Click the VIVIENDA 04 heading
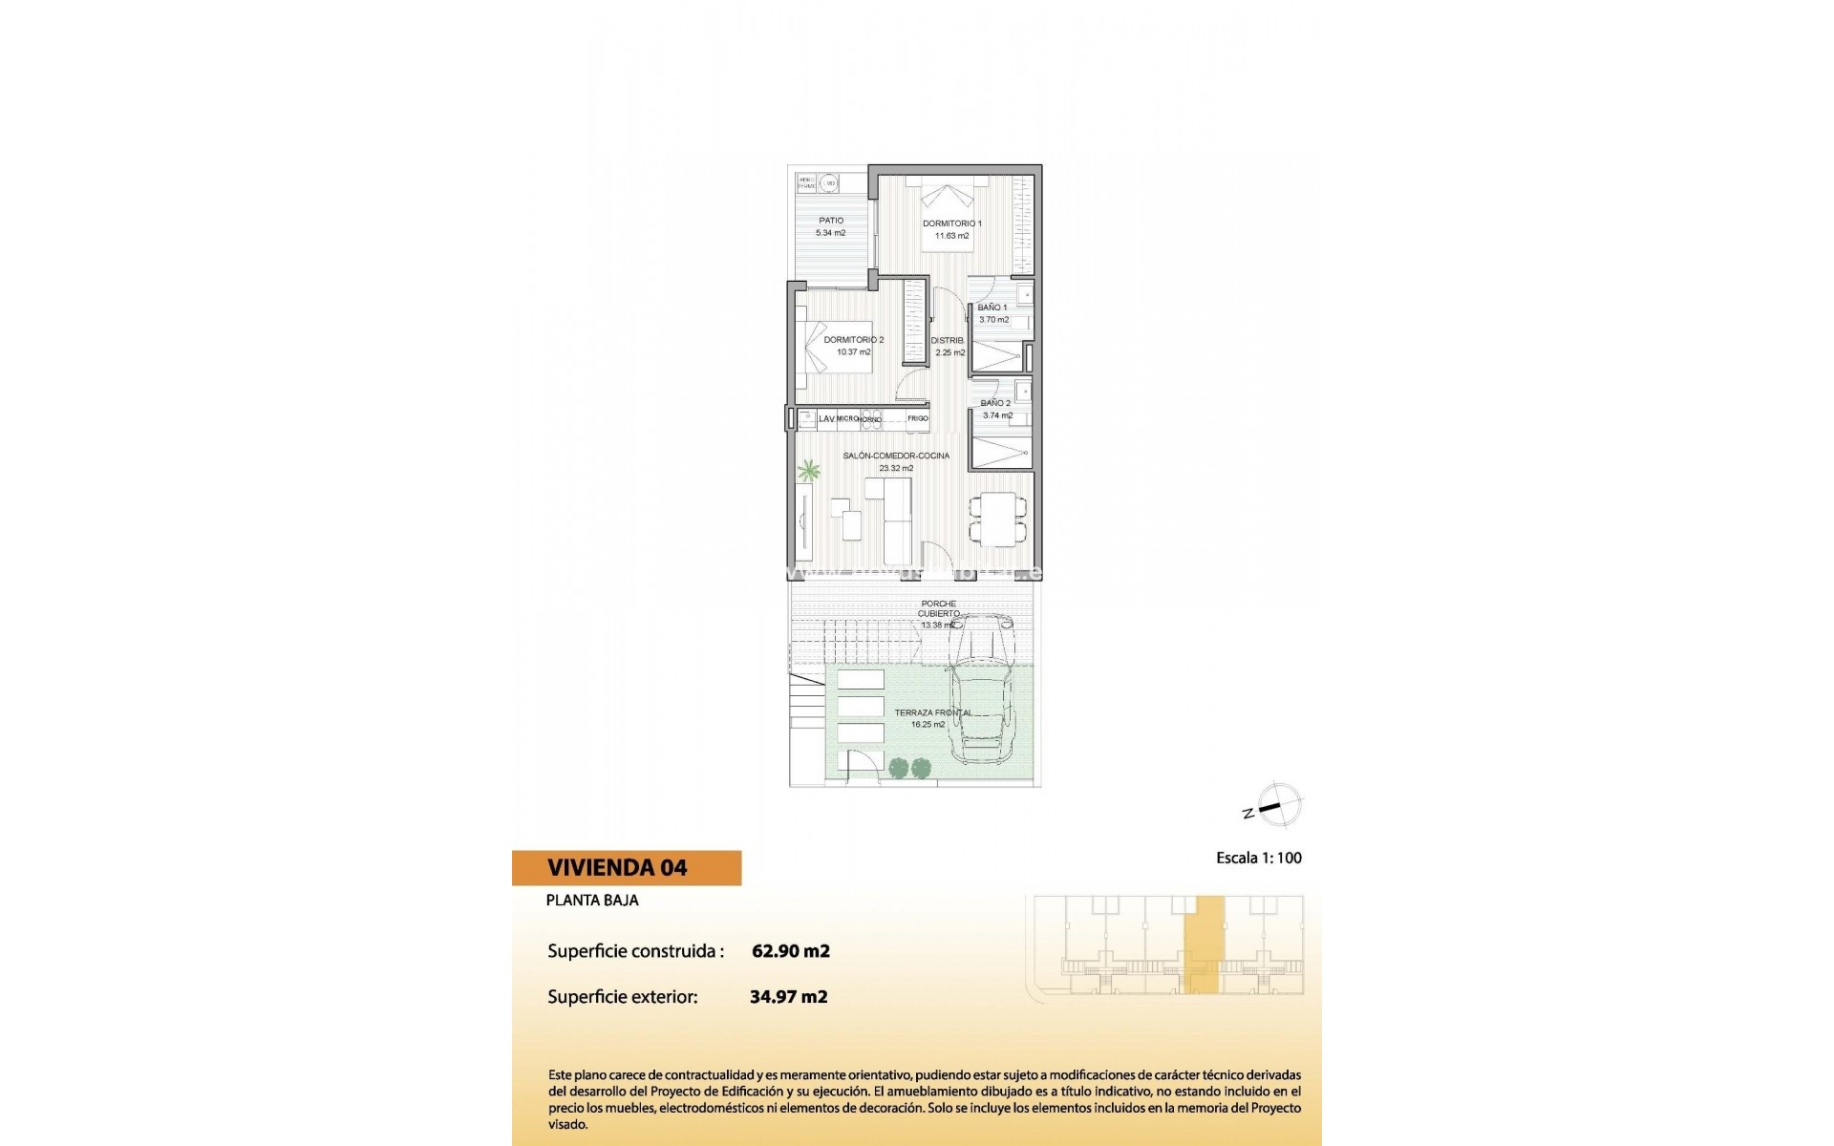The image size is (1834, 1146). click(617, 868)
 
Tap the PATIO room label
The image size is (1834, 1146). click(831, 221)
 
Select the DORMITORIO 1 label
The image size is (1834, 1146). click(951, 223)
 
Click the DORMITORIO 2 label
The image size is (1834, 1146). click(854, 340)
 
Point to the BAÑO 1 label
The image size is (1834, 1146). click(992, 308)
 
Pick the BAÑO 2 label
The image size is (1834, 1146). click(995, 403)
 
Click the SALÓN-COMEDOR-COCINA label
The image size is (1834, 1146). click(896, 456)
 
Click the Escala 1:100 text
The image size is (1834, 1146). click(1259, 858)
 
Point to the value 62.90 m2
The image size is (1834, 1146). click(791, 951)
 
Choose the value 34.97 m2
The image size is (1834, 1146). click(789, 997)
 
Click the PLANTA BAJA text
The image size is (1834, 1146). click(592, 900)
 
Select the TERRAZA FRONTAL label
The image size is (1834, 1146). click(933, 712)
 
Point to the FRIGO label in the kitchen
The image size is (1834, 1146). click(918, 418)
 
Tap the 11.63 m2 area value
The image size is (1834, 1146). click(951, 236)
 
